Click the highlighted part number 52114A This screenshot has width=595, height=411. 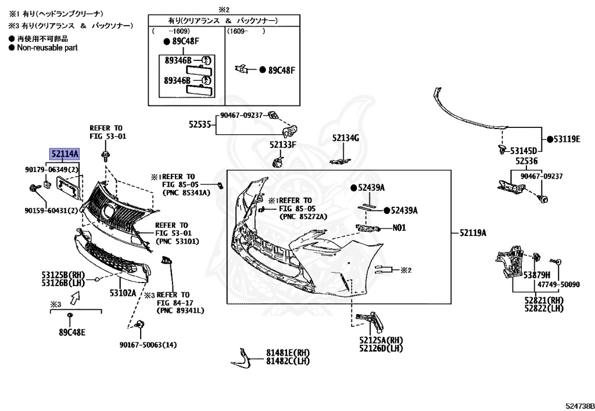(64, 154)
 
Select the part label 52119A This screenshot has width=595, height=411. (472, 233)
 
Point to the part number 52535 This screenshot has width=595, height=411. (199, 124)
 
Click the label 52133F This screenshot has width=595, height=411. (283, 144)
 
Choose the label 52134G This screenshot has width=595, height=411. (346, 138)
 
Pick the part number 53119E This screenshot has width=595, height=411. (567, 139)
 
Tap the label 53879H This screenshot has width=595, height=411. (536, 274)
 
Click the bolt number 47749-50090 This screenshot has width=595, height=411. (558, 285)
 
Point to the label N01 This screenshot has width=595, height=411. (399, 228)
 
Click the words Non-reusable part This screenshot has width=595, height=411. (46, 48)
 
